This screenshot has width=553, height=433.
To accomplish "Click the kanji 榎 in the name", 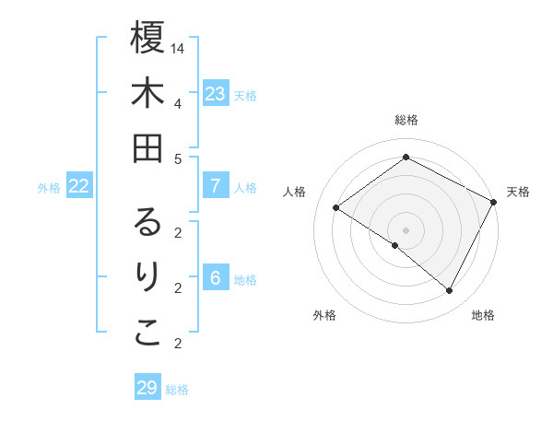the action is [147, 39].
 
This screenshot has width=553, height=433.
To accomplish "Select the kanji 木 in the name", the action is [147, 94].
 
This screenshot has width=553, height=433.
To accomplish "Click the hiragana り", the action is [147, 279].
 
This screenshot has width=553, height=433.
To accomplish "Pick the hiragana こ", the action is [147, 334].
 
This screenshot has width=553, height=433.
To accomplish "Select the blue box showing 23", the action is [215, 94].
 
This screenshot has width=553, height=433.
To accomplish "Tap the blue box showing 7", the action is [215, 186].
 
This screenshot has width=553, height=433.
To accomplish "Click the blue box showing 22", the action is [79, 186].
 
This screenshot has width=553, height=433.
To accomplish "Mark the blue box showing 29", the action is [147, 388].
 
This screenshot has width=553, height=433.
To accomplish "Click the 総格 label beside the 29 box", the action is [177, 390].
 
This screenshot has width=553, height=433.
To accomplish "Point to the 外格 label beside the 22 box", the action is [49, 188].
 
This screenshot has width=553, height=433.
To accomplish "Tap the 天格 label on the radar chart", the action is [518, 192].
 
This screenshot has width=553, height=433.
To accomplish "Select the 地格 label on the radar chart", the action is [483, 315].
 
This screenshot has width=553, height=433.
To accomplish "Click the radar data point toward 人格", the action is [336, 207].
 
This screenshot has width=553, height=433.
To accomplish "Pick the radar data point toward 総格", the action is [406, 157].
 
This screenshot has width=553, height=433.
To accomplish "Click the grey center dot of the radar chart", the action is [406, 229].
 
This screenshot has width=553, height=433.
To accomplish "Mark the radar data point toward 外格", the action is [395, 245].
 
